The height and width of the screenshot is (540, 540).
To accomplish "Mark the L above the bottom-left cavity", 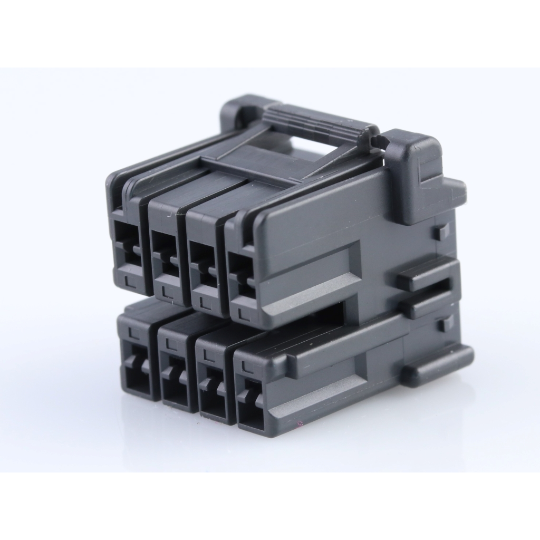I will coord(132,332).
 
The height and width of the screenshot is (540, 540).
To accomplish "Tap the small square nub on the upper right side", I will coord(442,230).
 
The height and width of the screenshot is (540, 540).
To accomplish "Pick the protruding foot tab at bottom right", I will coord(438,365).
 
